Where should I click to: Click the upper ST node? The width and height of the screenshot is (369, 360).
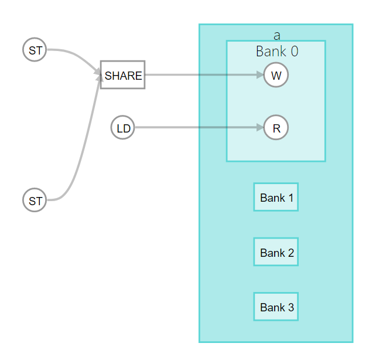tap(35, 50)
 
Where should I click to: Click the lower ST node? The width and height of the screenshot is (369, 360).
tap(35, 201)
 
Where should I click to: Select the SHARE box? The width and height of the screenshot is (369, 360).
tap(122, 74)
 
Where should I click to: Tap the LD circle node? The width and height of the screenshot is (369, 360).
tap(123, 128)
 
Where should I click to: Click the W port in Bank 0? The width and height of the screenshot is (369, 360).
tap(276, 75)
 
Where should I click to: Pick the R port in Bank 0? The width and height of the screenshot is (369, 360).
tap(276, 128)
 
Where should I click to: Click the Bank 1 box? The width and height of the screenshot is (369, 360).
tap(276, 197)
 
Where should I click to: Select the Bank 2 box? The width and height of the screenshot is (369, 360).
tap(276, 252)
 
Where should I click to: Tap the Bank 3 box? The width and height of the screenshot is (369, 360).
tap(276, 307)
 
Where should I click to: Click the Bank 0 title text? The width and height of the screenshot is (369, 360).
tap(276, 52)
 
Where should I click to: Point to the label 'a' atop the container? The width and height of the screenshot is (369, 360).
tap(276, 35)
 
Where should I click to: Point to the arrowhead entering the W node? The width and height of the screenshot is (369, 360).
tap(260, 75)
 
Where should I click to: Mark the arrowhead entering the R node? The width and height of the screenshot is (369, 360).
tap(260, 127)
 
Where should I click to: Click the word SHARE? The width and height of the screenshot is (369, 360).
tap(123, 76)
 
